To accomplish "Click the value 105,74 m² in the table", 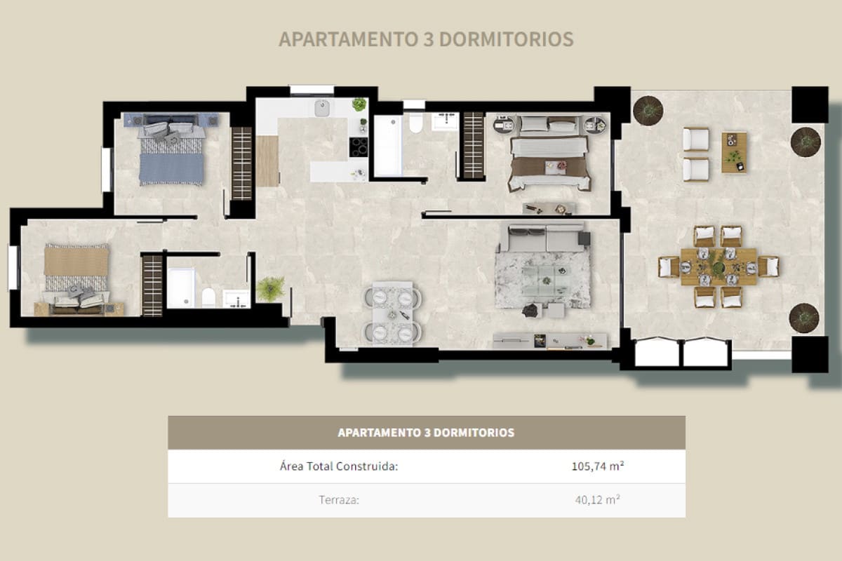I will coord(596,466).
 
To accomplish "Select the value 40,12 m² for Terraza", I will coord(596,500).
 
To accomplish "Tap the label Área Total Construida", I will coord(339,466).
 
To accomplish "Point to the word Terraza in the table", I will coord(340,501).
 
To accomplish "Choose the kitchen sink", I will coord(323,109).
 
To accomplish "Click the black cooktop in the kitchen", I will coord(359,147).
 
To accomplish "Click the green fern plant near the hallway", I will coord(270,288).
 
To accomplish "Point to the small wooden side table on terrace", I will coord(733,151).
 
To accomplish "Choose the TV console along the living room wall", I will coord(549,341).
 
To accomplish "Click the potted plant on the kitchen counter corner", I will coord(359,104).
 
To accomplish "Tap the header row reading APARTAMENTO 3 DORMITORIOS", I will coord(426,433).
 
